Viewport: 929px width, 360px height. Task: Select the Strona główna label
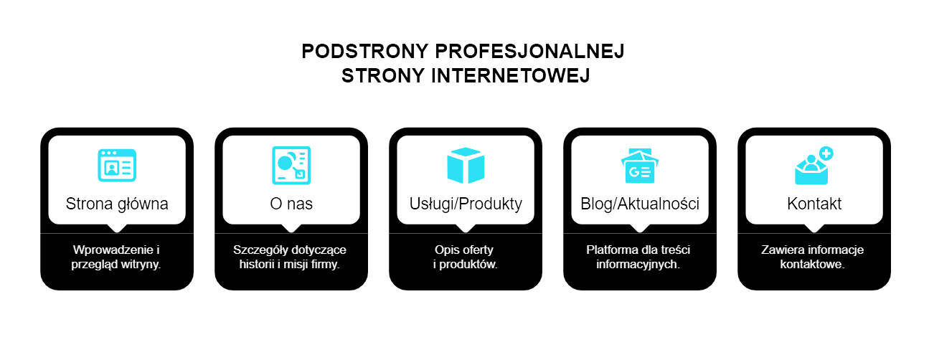[x=117, y=204]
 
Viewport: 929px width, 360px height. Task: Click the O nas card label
[x=291, y=204]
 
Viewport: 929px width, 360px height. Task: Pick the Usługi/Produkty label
[x=466, y=204]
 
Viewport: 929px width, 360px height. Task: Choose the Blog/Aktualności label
[x=640, y=204]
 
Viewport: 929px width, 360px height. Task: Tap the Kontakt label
[x=814, y=204]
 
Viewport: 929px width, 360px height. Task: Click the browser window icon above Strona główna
[x=117, y=165]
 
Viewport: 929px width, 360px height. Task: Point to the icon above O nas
[x=291, y=165]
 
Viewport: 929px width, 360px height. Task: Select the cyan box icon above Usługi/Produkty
[x=466, y=165]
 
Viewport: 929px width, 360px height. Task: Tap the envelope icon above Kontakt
[x=811, y=169]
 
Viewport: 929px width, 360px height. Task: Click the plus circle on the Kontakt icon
[x=826, y=153]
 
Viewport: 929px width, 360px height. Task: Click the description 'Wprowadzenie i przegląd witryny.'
[x=117, y=257]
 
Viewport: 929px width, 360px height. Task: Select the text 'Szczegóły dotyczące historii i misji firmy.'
[x=291, y=257]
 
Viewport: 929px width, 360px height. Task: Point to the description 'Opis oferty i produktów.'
[x=466, y=257]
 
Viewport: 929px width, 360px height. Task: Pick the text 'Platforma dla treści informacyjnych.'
[x=640, y=257]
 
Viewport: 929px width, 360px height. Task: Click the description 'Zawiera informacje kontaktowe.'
[x=814, y=257]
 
